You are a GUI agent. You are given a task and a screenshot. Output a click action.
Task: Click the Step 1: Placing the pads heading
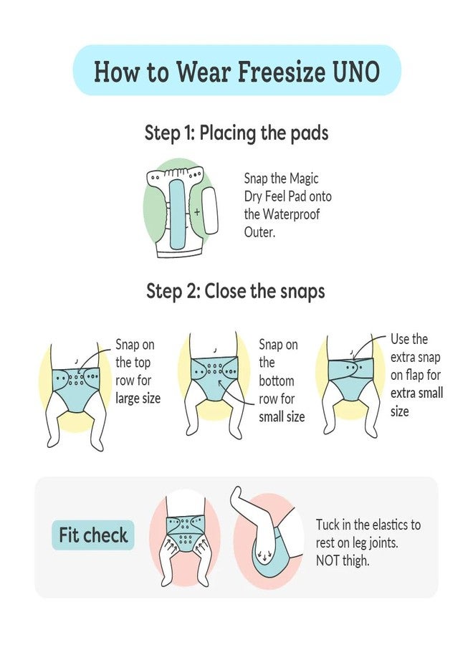[x=236, y=133]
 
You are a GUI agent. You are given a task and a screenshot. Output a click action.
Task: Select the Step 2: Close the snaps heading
[x=236, y=291]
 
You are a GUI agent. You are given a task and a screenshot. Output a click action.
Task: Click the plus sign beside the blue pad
[x=197, y=212]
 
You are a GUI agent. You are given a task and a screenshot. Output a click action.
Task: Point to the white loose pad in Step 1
[x=210, y=211]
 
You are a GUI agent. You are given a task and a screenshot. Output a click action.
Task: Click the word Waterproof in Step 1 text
[x=291, y=214]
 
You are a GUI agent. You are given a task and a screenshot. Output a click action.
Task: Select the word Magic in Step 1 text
[x=304, y=178]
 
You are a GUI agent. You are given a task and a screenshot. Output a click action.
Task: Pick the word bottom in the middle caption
[x=277, y=381]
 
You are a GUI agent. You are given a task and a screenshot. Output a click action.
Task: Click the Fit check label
[x=93, y=535]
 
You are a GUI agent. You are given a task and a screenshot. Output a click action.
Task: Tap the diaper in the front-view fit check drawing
[x=185, y=534]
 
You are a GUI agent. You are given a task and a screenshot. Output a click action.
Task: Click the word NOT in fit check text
[x=328, y=560]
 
